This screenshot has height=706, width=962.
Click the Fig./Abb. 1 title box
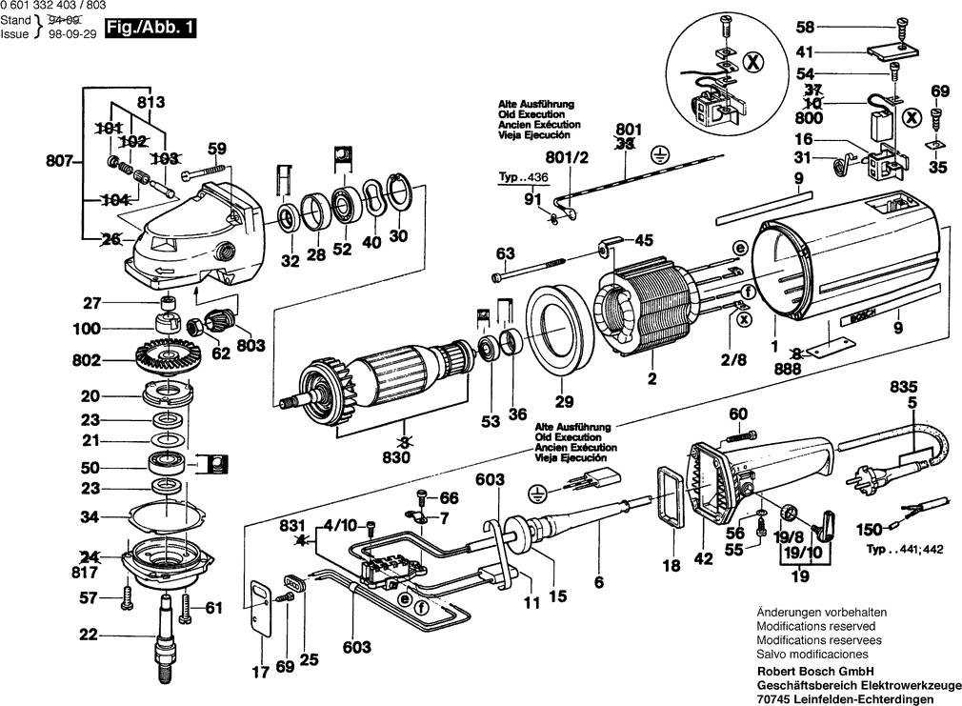150,29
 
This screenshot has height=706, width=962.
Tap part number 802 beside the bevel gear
86,360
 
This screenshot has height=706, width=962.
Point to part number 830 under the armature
395,457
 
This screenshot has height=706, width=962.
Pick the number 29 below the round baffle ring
564,402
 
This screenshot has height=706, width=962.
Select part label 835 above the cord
904,387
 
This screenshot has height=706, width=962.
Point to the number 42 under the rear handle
704,558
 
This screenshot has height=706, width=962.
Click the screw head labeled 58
901,29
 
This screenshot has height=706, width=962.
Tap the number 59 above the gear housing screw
217,149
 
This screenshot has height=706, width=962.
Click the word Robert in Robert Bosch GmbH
775,672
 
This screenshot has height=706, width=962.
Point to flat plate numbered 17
260,607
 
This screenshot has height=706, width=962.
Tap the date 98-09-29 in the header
71,34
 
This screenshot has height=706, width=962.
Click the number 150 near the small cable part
869,529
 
